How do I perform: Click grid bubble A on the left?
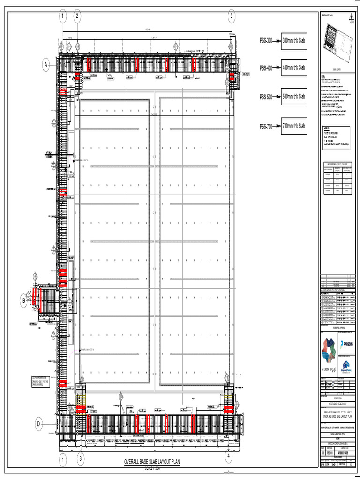point(46,66)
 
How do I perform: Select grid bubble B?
point(23,301)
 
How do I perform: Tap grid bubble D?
point(38,424)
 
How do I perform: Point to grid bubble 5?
point(232,16)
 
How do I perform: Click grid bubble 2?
point(77,16)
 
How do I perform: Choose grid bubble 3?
point(80,458)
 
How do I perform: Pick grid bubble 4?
point(228,455)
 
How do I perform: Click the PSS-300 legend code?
point(266,40)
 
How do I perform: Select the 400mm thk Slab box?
point(293,68)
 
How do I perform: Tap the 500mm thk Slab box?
point(293,97)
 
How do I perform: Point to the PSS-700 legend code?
point(266,126)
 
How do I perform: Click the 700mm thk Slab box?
point(293,126)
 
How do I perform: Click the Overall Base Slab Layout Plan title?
point(151,462)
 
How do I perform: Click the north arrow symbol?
point(351,18)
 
